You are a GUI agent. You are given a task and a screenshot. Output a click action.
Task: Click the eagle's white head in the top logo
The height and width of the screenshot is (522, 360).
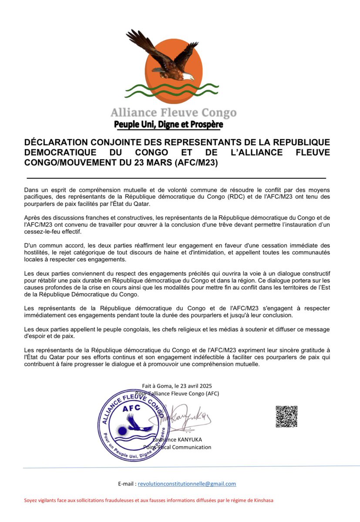tap(188, 77)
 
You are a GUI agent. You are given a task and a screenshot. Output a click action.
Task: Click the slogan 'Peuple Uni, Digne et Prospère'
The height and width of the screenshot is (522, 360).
tap(168, 125)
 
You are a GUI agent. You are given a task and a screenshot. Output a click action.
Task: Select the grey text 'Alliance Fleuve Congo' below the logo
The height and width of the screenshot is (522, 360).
tap(173, 113)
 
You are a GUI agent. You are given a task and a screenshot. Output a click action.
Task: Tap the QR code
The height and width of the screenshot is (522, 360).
tap(286, 417)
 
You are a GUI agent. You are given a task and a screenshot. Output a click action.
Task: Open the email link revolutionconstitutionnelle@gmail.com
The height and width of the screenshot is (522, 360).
tap(187, 484)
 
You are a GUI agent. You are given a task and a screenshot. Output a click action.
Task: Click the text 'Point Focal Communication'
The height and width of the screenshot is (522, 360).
tap(177, 447)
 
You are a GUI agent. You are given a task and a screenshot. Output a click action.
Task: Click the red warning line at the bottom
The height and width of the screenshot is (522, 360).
tap(143, 500)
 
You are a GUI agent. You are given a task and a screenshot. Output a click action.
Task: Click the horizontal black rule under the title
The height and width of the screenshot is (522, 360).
tap(176, 178)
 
